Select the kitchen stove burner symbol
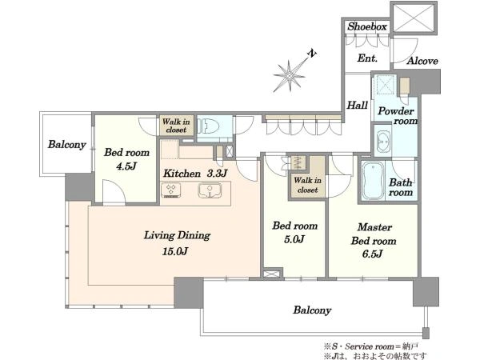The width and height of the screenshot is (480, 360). pos(171,190)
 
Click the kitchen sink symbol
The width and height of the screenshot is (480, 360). pos(210,190)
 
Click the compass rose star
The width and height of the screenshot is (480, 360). pos(290,75)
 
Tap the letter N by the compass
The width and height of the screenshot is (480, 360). pos(312,54)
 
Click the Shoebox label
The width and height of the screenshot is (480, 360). pos(367,26)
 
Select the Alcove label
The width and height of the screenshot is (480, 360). pos(422,61)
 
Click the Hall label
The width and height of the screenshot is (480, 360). pos(357,106)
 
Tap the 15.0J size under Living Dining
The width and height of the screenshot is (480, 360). pos(174,252)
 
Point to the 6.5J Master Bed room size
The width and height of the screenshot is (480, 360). pos(372,254)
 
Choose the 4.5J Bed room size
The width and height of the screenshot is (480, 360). pos(126,166)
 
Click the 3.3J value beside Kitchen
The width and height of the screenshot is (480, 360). pos(217,174)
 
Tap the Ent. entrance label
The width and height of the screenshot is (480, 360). pos(367,58)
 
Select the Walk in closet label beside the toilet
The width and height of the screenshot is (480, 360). pos(176,126)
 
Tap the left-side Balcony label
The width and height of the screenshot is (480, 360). pos(66,144)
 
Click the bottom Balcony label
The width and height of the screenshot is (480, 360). pos(312,310)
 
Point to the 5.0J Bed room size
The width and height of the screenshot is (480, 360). pos(294,239)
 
